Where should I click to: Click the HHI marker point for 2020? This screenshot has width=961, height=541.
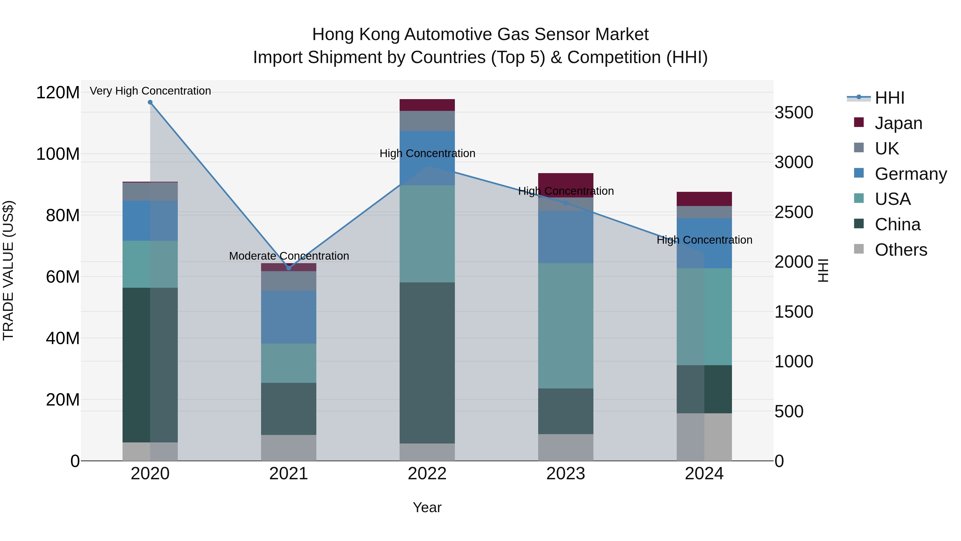click(x=150, y=102)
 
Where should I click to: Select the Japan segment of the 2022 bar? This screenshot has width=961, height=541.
click(x=427, y=105)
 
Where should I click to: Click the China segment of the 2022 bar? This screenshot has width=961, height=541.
click(x=427, y=363)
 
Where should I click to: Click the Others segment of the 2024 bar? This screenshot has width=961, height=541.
click(x=704, y=437)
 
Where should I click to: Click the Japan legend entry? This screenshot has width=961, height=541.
click(x=898, y=123)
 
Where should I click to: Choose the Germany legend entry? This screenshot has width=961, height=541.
click(x=910, y=174)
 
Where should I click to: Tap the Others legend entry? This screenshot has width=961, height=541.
click(x=901, y=250)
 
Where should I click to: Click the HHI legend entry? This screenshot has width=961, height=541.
click(x=889, y=98)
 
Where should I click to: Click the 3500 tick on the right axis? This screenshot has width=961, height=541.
click(x=794, y=113)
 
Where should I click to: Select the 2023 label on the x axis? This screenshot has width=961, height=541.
click(x=566, y=474)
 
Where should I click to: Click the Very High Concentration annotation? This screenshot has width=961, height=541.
click(x=150, y=91)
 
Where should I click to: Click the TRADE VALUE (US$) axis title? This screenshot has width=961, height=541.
click(x=8, y=270)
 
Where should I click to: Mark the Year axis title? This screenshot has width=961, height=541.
click(x=427, y=507)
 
